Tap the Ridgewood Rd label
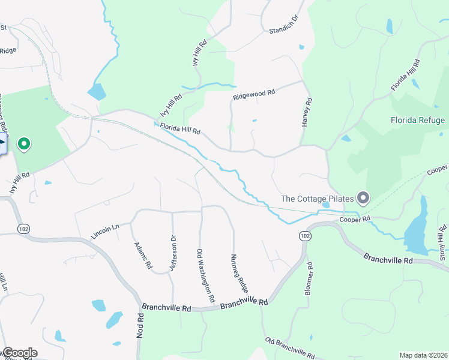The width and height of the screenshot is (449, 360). (254, 94)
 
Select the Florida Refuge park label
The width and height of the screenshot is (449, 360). (418, 120)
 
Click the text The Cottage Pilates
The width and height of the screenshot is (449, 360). (316, 198)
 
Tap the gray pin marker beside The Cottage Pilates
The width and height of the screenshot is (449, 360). (363, 197)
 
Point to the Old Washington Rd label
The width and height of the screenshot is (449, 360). (206, 275)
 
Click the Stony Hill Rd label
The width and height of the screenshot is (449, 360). (443, 243)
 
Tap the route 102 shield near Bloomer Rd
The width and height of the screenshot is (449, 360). (305, 235)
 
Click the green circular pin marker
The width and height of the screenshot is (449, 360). (25, 144)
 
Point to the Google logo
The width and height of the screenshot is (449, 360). (19, 353)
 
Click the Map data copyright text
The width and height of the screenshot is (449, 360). (423, 355)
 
